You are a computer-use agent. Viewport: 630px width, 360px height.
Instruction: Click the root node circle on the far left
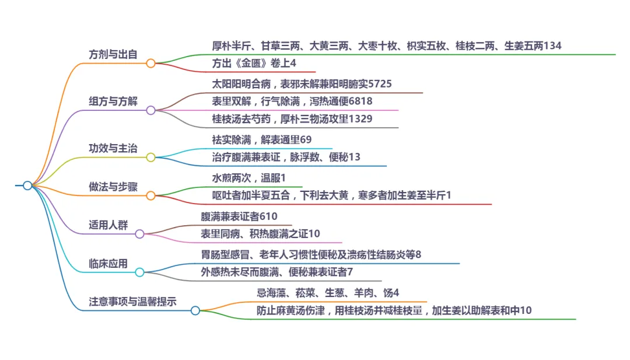click(27, 186)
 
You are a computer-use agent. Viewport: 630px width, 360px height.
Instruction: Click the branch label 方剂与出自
click(113, 54)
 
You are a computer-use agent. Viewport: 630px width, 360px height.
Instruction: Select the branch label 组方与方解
click(113, 101)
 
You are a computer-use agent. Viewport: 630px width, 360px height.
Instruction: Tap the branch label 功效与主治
click(113, 148)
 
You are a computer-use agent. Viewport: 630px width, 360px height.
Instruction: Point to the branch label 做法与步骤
click(113, 187)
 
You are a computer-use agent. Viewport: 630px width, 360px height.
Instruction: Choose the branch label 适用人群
click(108, 225)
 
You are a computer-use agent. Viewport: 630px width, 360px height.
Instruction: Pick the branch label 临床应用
click(108, 263)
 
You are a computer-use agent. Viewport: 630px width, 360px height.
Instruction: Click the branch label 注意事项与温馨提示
click(132, 302)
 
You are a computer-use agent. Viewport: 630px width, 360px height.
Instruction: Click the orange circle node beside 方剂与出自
click(150, 63)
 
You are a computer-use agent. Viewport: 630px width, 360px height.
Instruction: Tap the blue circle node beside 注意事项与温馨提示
click(195, 310)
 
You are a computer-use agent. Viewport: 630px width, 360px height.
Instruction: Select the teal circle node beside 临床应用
click(139, 272)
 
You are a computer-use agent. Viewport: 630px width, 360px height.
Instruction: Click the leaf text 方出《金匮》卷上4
click(254, 63)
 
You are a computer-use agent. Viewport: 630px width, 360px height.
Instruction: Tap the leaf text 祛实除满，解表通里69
click(262, 140)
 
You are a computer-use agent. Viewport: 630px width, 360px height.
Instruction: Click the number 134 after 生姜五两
click(552, 46)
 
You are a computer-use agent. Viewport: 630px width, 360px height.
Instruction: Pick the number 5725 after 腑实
click(380, 83)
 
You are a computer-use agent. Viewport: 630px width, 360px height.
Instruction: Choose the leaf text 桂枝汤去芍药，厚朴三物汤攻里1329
click(292, 119)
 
